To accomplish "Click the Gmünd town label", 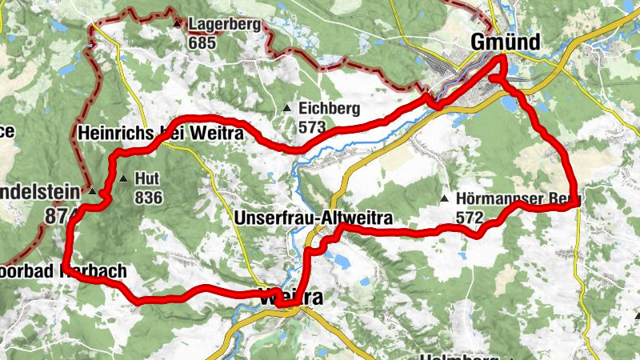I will (x=506, y=42).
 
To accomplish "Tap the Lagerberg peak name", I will (x=224, y=25).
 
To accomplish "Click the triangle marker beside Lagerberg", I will (x=178, y=24).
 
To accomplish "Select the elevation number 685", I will (x=202, y=43).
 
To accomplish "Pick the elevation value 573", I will (x=311, y=127).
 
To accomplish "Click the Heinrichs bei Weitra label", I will (x=160, y=134).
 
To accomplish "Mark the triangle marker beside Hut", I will (x=123, y=178).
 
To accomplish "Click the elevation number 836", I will (x=149, y=197).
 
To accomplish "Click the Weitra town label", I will (x=291, y=298).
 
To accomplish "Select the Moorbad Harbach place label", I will (x=64, y=272).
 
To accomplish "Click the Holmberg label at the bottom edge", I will (x=460, y=356).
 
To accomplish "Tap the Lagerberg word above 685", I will (x=224, y=25).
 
